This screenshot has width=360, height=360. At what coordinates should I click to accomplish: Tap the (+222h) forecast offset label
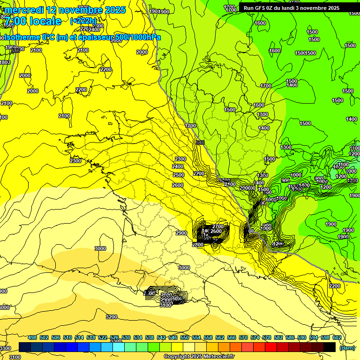[83, 21]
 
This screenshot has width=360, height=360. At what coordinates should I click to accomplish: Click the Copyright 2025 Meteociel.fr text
[199, 356]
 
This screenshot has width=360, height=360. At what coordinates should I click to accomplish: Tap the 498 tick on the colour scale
[32, 337]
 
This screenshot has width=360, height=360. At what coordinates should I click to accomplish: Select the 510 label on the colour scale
[67, 337]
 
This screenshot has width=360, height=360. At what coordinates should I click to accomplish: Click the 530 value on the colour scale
[126, 337]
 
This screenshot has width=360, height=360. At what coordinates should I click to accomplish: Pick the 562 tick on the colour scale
[220, 337]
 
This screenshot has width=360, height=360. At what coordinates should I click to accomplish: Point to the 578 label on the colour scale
[267, 337]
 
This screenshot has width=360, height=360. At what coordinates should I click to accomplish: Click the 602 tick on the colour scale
[337, 337]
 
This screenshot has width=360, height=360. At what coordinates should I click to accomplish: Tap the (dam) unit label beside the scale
[347, 347]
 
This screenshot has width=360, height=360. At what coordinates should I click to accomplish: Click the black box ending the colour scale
[330, 347]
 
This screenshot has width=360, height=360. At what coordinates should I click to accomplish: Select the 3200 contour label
[112, 317]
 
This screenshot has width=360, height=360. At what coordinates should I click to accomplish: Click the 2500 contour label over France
[178, 175]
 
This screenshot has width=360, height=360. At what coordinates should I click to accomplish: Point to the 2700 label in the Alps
[218, 226]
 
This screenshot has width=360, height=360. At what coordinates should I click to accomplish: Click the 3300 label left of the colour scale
[5, 348]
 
